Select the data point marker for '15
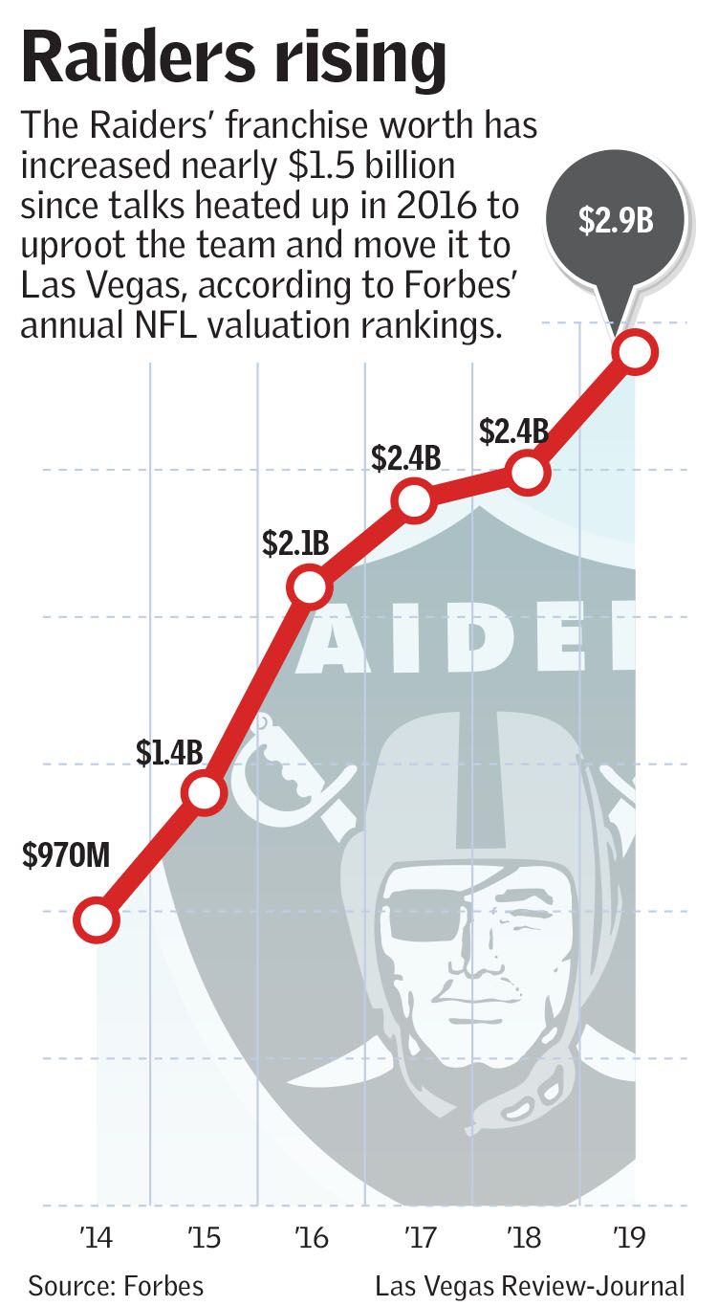[x=205, y=792]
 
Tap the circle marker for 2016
[x=308, y=587]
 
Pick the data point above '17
[x=414, y=500]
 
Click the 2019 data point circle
[x=636, y=352]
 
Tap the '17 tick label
[x=419, y=1236]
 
